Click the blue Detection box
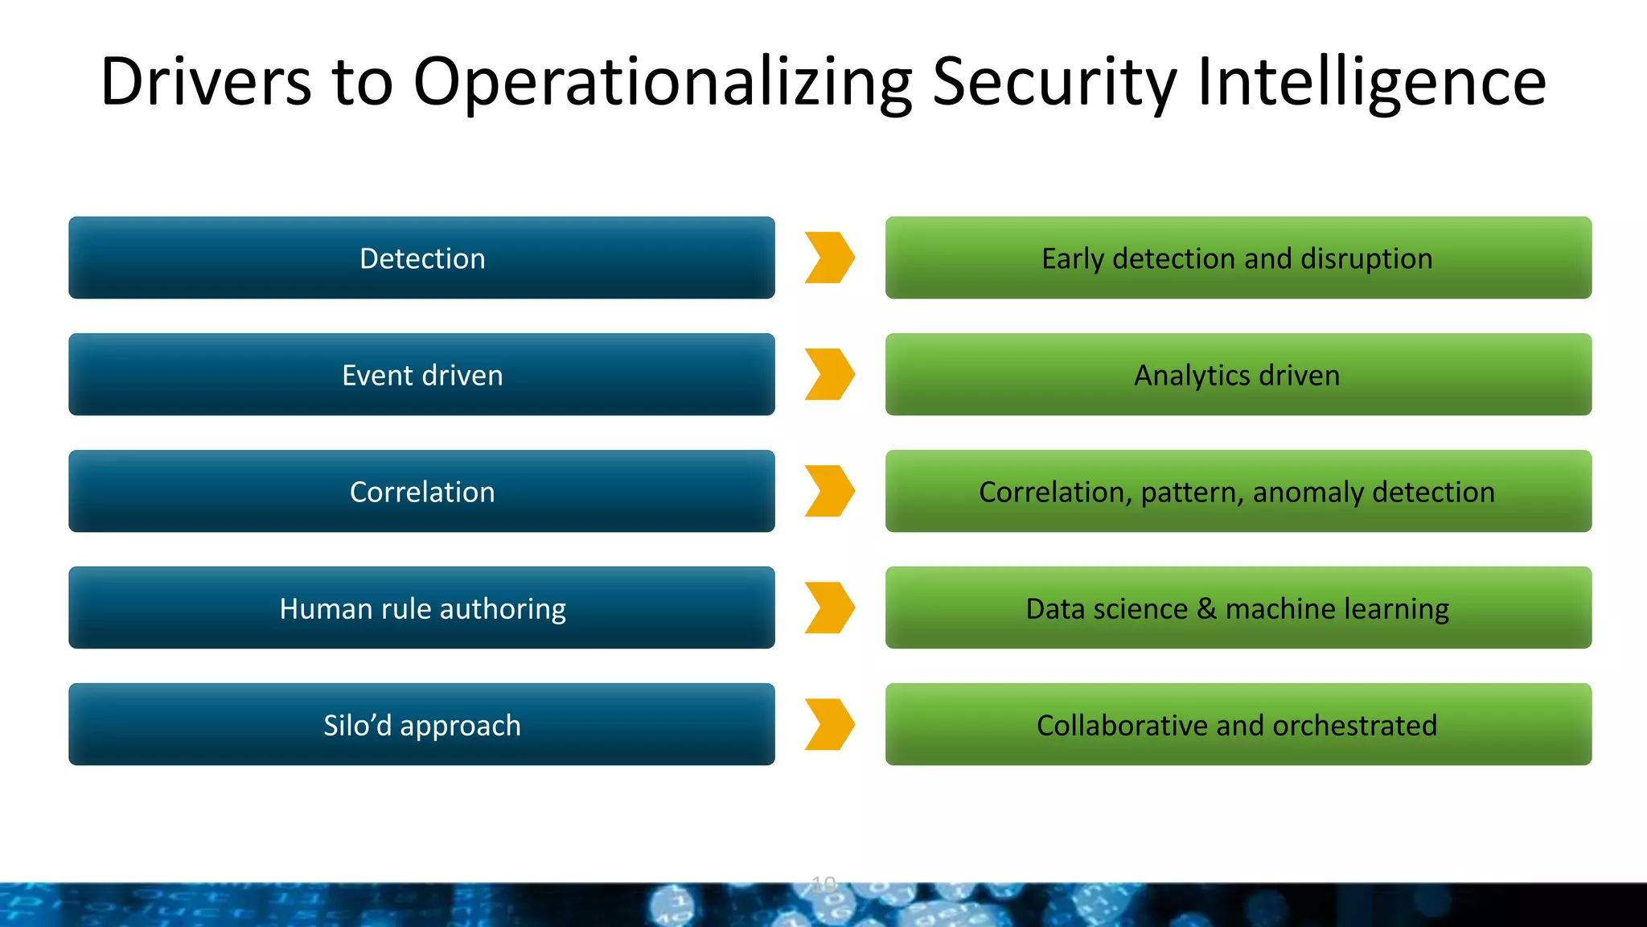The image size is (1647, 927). click(421, 257)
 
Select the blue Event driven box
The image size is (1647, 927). click(421, 374)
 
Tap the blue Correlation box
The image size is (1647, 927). click(421, 491)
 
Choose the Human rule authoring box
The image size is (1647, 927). click(421, 608)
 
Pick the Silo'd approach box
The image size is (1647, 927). click(421, 724)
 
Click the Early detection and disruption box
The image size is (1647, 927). click(1238, 257)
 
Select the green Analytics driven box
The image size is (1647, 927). click(1238, 374)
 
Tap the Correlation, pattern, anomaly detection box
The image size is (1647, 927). click(1238, 491)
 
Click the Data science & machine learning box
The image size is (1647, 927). click(1238, 608)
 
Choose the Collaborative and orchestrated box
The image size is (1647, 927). click(1238, 724)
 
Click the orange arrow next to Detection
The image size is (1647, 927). click(829, 257)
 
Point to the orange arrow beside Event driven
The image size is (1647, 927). click(829, 374)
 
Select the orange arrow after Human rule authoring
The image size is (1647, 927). click(829, 608)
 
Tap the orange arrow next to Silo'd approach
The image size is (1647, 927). click(829, 724)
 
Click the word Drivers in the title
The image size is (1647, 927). click(206, 82)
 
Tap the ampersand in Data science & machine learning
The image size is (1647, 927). click(1206, 608)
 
